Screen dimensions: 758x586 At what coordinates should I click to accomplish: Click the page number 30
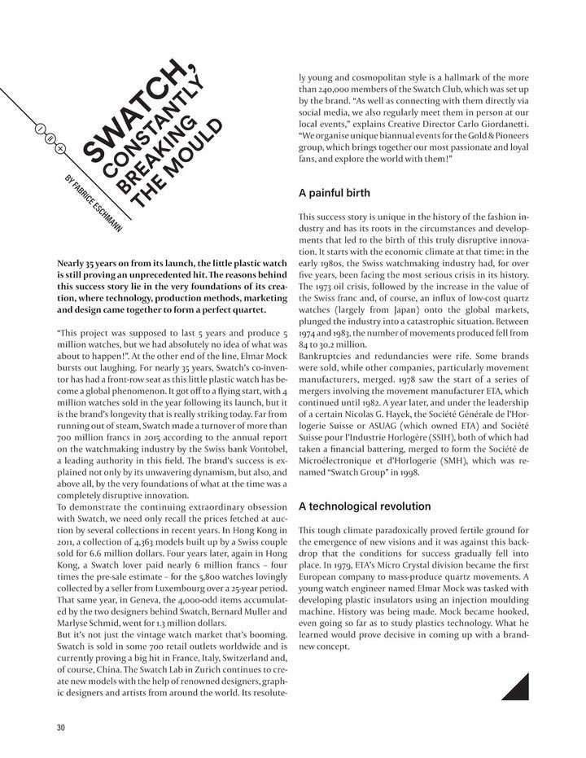(x=60, y=727)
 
